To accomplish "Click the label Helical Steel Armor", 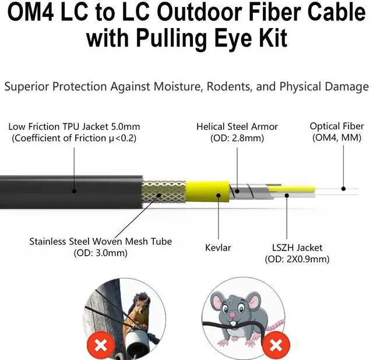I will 237,126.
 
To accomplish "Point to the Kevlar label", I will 218,248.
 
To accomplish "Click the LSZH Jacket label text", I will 293,248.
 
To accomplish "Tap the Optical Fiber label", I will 336,126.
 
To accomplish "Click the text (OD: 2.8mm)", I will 237,138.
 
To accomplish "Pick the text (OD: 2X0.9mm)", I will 293,259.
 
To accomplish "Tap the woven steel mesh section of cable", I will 163,191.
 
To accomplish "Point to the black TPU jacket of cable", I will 70,191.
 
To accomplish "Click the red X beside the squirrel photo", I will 101,345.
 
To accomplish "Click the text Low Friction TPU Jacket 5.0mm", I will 74,126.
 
